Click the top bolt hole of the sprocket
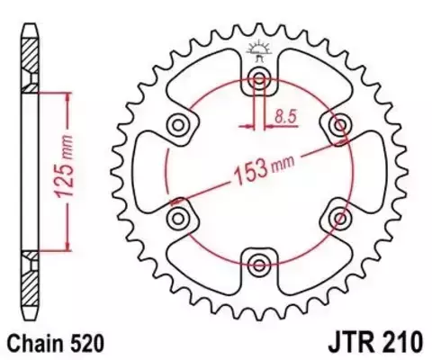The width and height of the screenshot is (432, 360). pyautogui.click(x=259, y=75)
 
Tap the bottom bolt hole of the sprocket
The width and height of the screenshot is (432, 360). pyautogui.click(x=259, y=264)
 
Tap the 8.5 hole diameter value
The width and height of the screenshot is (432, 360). pyautogui.click(x=287, y=115)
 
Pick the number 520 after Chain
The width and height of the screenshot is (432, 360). pyautogui.click(x=92, y=343)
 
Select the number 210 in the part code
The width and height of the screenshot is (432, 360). pyautogui.click(x=397, y=343)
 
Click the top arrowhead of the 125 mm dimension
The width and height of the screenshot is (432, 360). pyautogui.click(x=64, y=94)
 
